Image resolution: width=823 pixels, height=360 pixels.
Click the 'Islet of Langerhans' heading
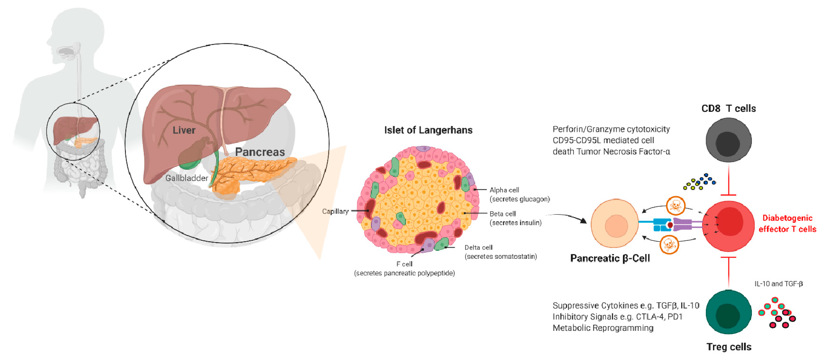pyautogui.click(x=428, y=130)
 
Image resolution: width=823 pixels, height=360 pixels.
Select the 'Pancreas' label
pyautogui.click(x=260, y=152)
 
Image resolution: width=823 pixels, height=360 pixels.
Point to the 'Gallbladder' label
pyautogui.click(x=187, y=178)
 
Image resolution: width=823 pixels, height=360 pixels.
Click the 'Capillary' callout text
pyautogui.click(x=335, y=211)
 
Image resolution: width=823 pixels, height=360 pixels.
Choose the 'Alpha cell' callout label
pyautogui.click(x=504, y=190)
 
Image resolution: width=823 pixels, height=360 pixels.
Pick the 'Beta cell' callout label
pyautogui.click(x=502, y=214)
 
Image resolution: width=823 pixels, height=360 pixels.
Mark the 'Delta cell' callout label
pyautogui.click(x=478, y=247)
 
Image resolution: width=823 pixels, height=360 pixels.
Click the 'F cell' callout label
pyautogui.click(x=404, y=264)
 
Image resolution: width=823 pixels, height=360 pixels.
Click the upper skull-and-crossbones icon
pyautogui.click(x=675, y=205)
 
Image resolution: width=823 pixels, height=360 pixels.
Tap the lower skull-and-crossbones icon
pyautogui.click(x=669, y=245)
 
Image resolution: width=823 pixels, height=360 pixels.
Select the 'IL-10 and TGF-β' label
pyautogui.click(x=778, y=284)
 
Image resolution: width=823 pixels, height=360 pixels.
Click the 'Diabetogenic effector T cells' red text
pyautogui.click(x=787, y=224)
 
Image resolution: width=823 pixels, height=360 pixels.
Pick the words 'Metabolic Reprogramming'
pyautogui.click(x=603, y=328)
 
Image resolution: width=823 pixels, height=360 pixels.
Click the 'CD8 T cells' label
pyautogui.click(x=728, y=109)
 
